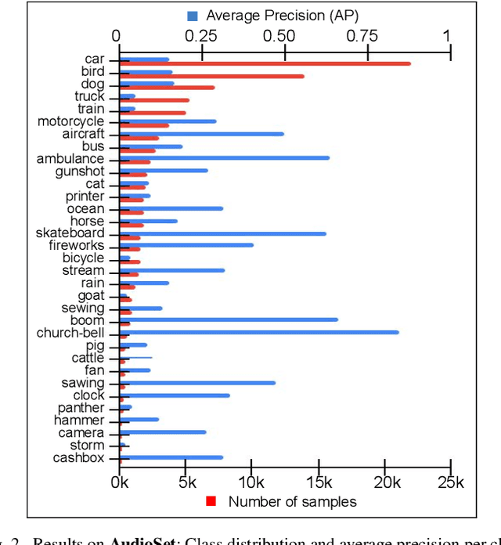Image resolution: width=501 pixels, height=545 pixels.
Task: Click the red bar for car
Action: pos(266,63)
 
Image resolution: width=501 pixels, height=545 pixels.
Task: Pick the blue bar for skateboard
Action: pos(222,233)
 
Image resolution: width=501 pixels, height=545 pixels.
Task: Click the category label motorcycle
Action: pos(70,121)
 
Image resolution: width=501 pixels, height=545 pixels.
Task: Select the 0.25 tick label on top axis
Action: pos(202,35)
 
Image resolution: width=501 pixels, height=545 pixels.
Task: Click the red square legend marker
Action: pos(211,501)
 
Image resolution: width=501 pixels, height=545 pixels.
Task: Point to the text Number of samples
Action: pos(292,501)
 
